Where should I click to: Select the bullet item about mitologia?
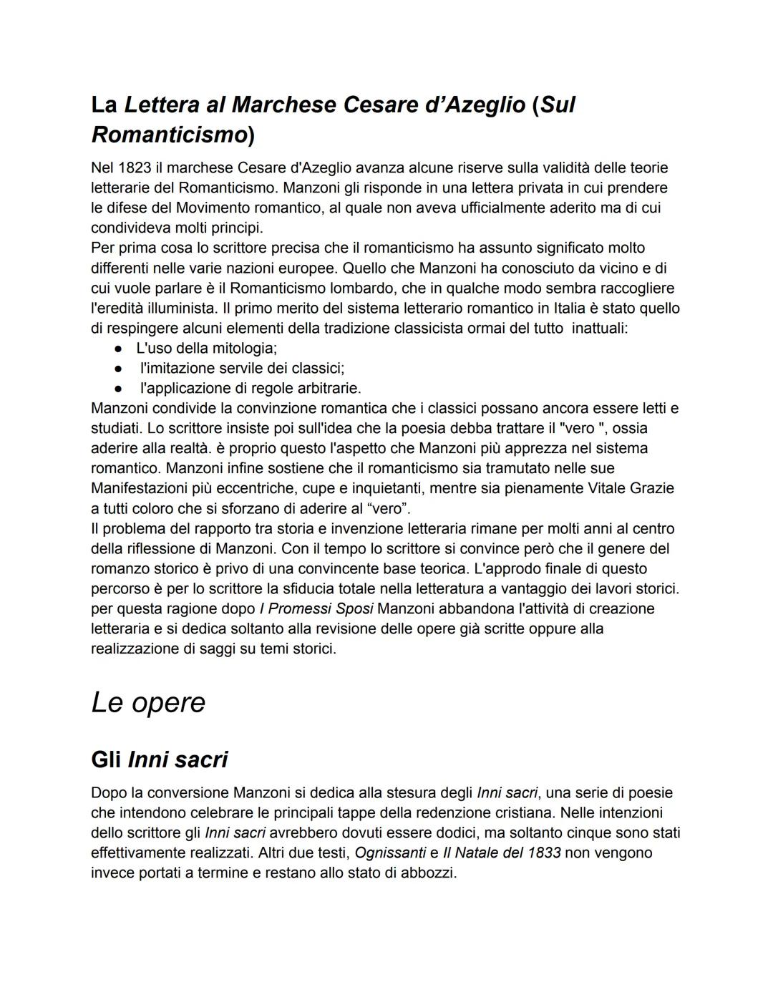[x=206, y=348]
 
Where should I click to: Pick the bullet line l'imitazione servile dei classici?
[x=242, y=368]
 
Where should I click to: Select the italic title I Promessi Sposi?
[x=316, y=608]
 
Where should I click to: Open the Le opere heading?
[x=148, y=702]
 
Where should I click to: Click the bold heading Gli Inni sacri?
[x=159, y=759]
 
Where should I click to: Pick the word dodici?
[x=465, y=833]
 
